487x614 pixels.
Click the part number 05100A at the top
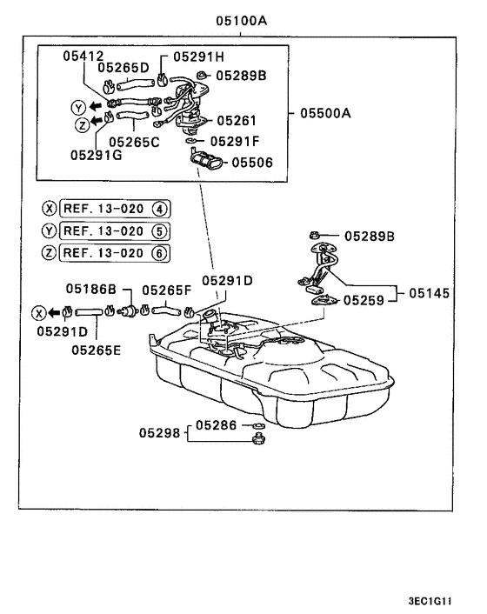point(242,20)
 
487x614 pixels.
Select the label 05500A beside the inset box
point(325,113)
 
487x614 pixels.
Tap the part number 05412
point(83,56)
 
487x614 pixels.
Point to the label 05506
point(252,162)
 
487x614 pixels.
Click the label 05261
point(237,121)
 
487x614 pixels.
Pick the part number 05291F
point(235,141)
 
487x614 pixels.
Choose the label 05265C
point(134,142)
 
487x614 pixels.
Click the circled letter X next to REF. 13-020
point(49,209)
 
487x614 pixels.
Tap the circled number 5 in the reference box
point(159,231)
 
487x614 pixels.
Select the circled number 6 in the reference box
point(159,253)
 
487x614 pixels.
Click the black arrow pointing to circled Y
point(96,106)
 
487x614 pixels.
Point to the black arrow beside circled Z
point(97,121)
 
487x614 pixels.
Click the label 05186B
point(91,289)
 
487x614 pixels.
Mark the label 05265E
point(97,350)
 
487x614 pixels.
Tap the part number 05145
point(429,293)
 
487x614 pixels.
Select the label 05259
point(364,300)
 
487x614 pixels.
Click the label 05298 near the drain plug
point(159,433)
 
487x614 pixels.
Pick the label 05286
point(216,425)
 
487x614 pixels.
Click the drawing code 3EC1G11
point(430,601)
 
